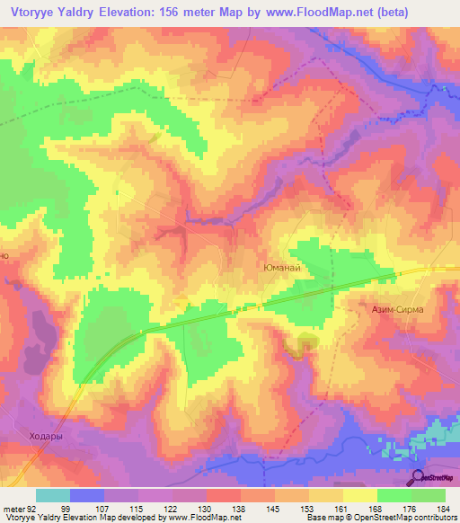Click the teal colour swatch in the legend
coord(53,495)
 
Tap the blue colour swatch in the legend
coord(87,495)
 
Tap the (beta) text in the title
coord(433,12)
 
